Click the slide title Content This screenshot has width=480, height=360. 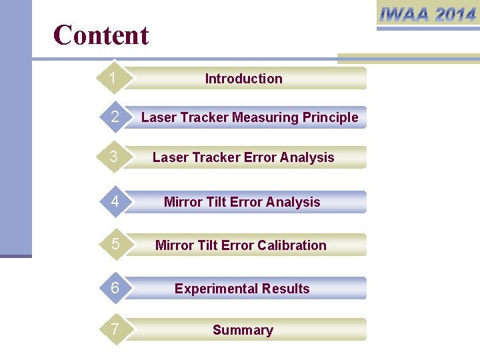coord(101,35)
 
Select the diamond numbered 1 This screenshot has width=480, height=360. coord(114,79)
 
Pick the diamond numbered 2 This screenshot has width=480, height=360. coord(115,117)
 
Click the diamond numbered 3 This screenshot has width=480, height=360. coord(115,157)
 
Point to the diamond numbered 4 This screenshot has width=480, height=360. coord(115,202)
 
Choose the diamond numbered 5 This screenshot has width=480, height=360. coord(115,245)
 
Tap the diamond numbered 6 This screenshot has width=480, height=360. coord(115,289)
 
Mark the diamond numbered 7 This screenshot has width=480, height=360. coord(115,330)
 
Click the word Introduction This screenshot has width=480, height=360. coord(243,79)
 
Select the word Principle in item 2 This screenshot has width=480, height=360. coord(330,118)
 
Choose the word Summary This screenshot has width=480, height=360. coord(243,330)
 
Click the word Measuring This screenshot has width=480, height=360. coord(265,118)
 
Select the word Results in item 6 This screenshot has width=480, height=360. coord(287,289)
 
